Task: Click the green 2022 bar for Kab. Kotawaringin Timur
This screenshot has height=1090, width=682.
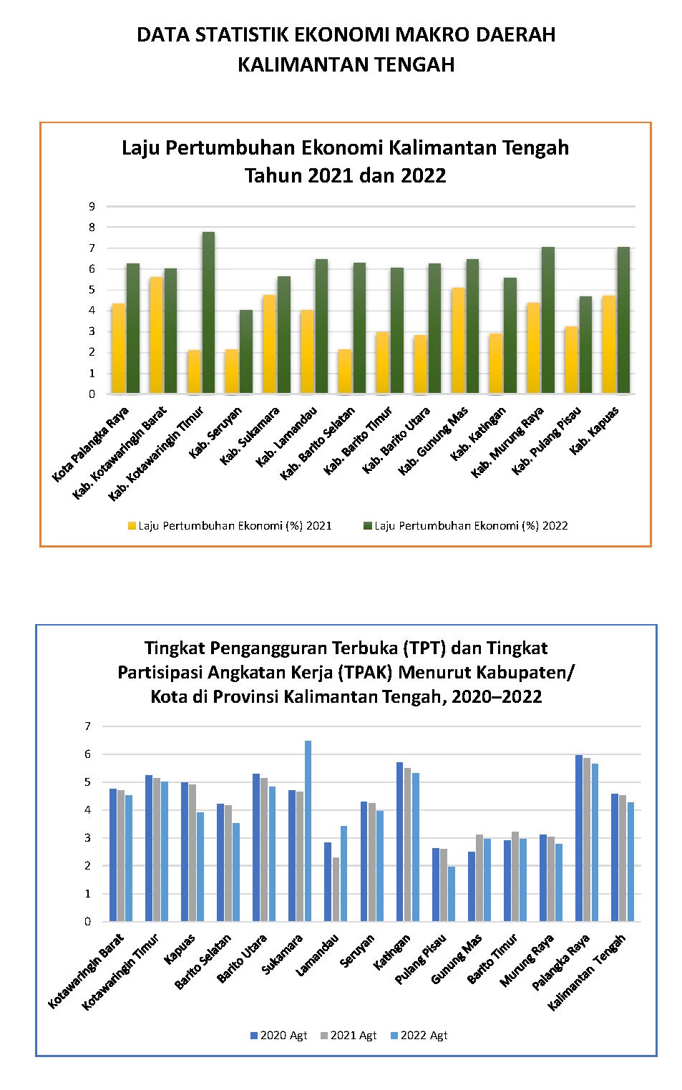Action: tap(208, 313)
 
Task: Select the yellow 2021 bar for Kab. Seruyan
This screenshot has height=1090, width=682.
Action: tap(232, 371)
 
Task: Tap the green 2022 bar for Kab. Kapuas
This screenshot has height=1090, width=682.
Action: tap(623, 320)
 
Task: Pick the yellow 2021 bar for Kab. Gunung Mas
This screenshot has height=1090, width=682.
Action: tap(458, 341)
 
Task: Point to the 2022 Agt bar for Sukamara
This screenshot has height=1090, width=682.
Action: tap(308, 831)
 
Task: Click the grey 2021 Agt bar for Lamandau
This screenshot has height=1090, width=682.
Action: tap(336, 889)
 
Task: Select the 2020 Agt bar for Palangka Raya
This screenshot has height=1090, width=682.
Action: tap(578, 838)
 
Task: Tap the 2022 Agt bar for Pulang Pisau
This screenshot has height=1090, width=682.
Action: tap(452, 894)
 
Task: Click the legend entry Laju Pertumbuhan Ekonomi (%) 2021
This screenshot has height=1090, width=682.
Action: tap(230, 525)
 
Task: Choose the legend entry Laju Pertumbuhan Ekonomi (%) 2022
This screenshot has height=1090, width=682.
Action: tap(466, 525)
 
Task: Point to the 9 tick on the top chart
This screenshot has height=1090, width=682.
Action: tap(92, 206)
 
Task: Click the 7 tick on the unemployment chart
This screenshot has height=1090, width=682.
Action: tap(87, 726)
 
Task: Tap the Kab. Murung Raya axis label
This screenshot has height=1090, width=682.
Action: tap(507, 442)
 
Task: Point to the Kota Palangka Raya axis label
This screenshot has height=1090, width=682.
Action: tap(90, 444)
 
